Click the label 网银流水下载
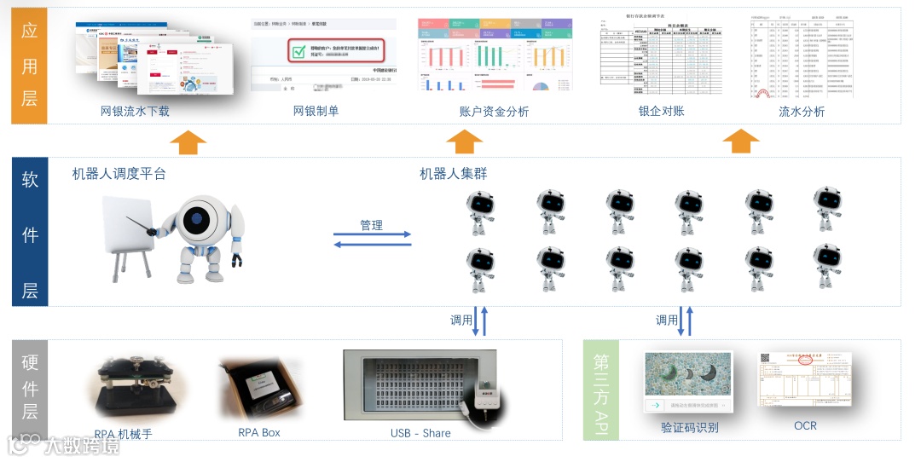(x=135, y=111)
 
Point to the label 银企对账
(x=661, y=111)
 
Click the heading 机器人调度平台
(x=119, y=174)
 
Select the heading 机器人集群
(x=454, y=174)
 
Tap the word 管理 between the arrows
(x=371, y=226)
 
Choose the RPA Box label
(x=259, y=432)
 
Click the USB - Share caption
(x=420, y=433)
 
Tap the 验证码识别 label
(x=689, y=427)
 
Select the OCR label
(x=805, y=425)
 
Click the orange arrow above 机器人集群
(x=464, y=141)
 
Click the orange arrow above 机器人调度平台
(x=188, y=141)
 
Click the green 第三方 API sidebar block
(x=601, y=390)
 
